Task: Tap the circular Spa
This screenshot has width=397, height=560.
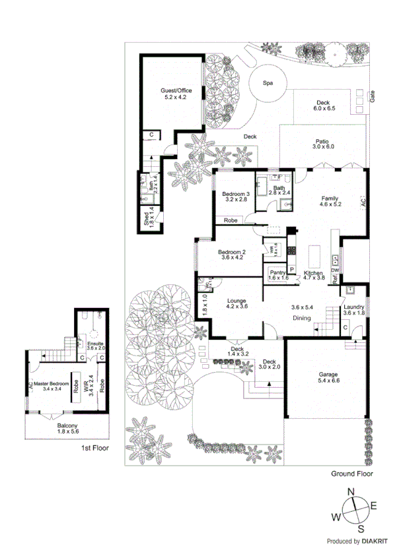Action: coord(268,84)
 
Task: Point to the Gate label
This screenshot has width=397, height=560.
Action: coord(373,96)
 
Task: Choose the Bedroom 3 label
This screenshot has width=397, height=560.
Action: coord(235,194)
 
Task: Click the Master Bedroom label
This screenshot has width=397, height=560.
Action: coord(52,385)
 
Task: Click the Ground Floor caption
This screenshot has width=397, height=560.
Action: coord(351,474)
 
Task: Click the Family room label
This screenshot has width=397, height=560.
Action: coord(330,201)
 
